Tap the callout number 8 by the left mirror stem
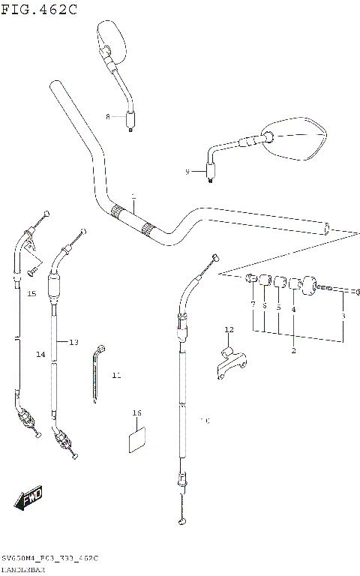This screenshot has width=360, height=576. coord(108,117)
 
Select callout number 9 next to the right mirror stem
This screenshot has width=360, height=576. coord(187,172)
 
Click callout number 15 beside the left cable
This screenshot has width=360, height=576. coord(31,294)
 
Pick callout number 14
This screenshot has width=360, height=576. coord(40,353)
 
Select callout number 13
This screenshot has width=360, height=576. coord(73,342)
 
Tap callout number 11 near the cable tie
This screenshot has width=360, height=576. coord(115,374)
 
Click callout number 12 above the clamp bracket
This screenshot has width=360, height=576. coord(229,329)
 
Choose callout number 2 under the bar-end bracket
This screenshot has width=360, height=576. coord(293,350)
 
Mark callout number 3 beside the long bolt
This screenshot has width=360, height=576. coord(343,316)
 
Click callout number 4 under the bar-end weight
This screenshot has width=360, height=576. coord(293,308)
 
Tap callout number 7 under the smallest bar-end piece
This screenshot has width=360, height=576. coord(253,304)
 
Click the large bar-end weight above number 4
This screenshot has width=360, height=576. coord(305,286)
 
